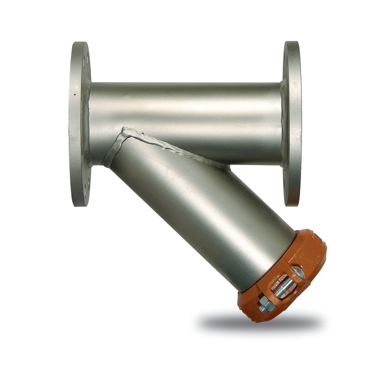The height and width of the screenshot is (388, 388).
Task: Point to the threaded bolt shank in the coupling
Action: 283,286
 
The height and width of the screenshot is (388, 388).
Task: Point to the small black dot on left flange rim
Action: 74,95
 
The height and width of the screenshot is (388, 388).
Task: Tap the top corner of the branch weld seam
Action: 125,129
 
